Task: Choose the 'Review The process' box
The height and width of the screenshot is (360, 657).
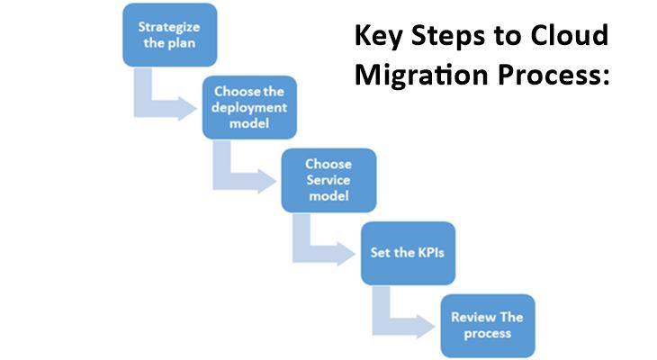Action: click(x=487, y=326)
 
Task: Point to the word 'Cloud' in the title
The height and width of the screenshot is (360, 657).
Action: click(x=572, y=36)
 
